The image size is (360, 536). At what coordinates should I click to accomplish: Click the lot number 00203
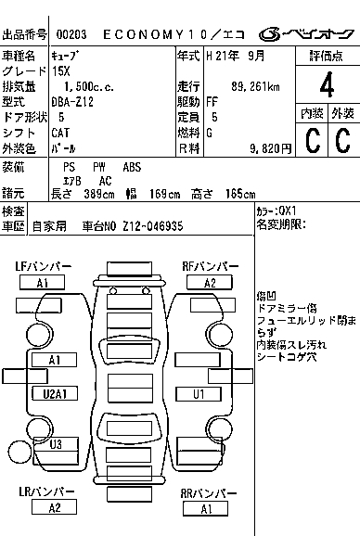(71, 34)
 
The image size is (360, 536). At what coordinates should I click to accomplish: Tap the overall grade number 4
(327, 84)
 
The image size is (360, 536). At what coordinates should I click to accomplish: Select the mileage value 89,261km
(255, 86)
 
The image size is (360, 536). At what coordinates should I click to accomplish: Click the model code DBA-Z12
(72, 102)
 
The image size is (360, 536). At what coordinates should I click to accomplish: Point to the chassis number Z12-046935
(153, 226)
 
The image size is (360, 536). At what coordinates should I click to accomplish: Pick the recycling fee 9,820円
(271, 148)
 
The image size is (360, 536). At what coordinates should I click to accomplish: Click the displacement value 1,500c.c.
(89, 86)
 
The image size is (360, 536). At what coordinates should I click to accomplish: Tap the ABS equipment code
(132, 167)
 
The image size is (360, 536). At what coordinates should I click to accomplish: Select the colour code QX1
(288, 211)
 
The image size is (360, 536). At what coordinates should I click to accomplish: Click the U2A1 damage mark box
(55, 394)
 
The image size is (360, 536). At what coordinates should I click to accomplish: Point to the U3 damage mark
(56, 444)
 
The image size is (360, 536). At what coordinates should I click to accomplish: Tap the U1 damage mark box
(199, 394)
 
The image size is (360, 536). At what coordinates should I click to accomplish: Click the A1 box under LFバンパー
(42, 283)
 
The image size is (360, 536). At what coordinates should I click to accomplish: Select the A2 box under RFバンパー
(210, 283)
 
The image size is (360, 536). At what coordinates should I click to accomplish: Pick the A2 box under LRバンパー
(54, 507)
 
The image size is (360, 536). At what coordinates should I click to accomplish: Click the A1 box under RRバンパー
(205, 509)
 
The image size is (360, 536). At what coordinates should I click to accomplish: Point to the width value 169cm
(164, 194)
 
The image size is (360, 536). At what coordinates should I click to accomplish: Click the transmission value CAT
(60, 133)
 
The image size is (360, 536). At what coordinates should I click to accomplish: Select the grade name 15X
(61, 71)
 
